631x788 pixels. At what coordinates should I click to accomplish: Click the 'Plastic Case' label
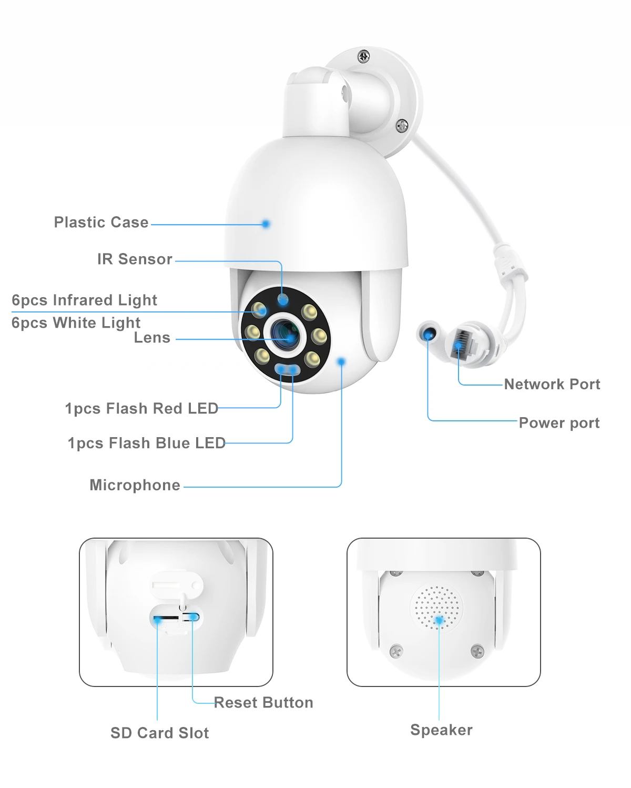(x=101, y=223)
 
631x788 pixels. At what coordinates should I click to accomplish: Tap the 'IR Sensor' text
(x=135, y=259)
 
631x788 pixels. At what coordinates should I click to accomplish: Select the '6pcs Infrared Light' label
(x=84, y=300)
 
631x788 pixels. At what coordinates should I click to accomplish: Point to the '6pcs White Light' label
(x=76, y=322)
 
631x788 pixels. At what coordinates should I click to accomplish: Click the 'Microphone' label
(x=135, y=485)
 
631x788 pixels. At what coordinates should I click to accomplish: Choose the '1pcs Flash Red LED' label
(x=141, y=409)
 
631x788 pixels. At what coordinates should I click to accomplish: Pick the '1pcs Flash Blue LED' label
(x=146, y=443)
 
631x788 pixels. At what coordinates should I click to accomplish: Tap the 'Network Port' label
(x=552, y=385)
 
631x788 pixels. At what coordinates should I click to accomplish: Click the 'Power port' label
(x=559, y=423)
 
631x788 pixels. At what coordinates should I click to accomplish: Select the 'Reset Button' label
(x=263, y=703)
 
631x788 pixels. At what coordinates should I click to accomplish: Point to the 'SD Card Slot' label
(x=159, y=733)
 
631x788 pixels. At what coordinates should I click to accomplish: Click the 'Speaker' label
(x=441, y=730)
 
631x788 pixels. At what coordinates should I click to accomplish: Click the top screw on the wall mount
(x=363, y=56)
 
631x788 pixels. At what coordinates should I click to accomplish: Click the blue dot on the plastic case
(x=266, y=224)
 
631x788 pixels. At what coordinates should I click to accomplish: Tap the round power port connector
(x=430, y=334)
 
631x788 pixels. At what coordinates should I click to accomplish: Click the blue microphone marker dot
(x=341, y=361)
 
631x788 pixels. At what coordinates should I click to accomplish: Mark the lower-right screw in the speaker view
(x=477, y=651)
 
